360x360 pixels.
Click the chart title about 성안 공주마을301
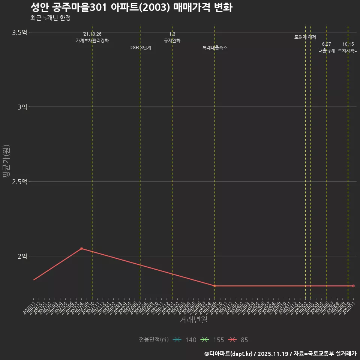pos(131,7)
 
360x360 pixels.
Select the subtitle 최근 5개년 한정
pos(50,18)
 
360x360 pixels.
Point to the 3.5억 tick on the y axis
pos(19,33)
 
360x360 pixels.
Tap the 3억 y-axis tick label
pos(22,107)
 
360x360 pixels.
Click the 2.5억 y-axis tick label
pos(19,182)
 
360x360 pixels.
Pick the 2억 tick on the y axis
pos(22,256)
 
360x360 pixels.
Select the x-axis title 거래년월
pos(193,320)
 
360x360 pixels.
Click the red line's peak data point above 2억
pos(81,249)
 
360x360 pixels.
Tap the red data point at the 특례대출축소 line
pos(215,286)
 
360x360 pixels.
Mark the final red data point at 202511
pos(353,286)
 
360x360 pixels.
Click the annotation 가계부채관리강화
pos(92,40)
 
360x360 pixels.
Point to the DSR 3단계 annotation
pos(140,48)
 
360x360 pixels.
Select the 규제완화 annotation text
pos(172,40)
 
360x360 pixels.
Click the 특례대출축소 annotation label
pos(215,48)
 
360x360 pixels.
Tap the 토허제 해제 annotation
pos(305,37)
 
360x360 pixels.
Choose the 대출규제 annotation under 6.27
pos(327,50)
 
